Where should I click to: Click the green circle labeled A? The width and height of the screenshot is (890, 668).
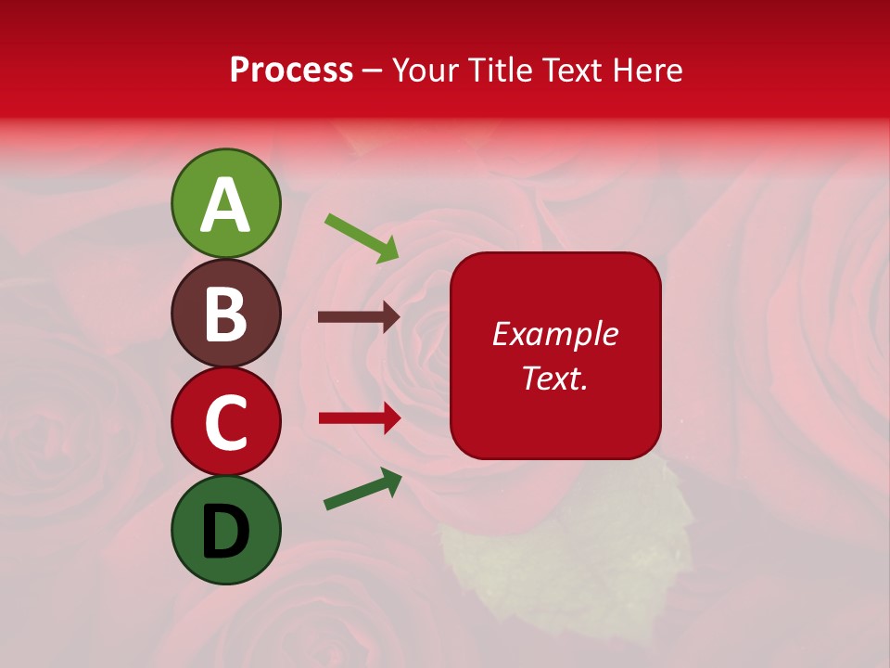[226, 204]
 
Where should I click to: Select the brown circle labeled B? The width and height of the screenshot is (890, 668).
[226, 313]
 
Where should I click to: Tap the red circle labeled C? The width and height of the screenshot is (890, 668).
[226, 422]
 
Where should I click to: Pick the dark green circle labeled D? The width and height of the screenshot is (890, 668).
[226, 531]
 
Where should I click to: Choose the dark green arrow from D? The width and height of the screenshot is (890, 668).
[362, 489]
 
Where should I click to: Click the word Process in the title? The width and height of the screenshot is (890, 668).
[291, 71]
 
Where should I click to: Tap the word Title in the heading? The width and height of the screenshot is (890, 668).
[492, 71]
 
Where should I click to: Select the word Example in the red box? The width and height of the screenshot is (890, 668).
[554, 334]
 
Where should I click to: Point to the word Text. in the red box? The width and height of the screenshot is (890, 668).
[554, 378]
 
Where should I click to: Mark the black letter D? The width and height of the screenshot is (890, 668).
[226, 532]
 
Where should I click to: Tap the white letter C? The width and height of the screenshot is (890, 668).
[226, 423]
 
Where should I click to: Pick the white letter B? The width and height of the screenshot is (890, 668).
[226, 315]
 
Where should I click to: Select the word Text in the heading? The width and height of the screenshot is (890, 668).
[570, 71]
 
